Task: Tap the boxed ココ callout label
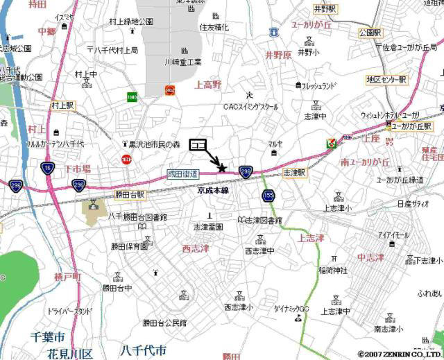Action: (198, 144)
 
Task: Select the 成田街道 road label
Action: (183, 173)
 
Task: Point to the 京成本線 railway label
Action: (213, 189)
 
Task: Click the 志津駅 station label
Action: (295, 171)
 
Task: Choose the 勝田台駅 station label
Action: (130, 195)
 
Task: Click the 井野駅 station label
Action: (325, 9)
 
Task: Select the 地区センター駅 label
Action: (387, 80)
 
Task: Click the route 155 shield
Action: (268, 196)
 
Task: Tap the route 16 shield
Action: (46, 169)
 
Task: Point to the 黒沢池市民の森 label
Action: (154, 144)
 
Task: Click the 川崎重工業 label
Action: (183, 62)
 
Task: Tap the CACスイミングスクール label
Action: (250, 107)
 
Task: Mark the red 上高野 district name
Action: (208, 85)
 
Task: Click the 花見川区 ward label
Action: (70, 354)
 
